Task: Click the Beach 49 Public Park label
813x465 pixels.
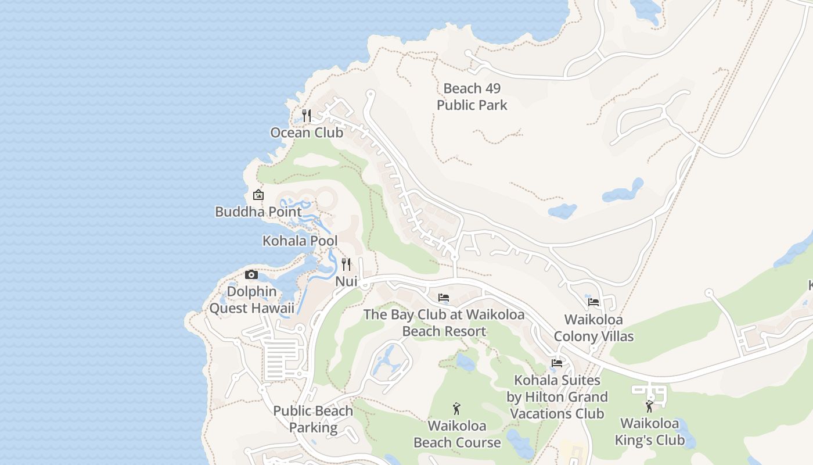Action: pos(472,96)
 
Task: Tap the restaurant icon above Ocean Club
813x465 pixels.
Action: pos(307,116)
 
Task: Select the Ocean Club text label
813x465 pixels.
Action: pos(307,133)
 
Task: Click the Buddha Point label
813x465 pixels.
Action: pos(258,212)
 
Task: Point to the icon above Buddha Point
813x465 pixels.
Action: pos(258,195)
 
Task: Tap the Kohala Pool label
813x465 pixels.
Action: pos(300,241)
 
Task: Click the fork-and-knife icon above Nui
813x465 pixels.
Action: pos(346,264)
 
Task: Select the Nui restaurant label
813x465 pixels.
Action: pos(346,281)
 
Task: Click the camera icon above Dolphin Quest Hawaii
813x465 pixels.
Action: pos(251,274)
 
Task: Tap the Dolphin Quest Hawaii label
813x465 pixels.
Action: pos(251,299)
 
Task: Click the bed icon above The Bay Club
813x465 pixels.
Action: pos(444,298)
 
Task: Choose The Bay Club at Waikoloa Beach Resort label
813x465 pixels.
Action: pos(444,323)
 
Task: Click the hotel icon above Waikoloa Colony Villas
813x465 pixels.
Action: pos(593,302)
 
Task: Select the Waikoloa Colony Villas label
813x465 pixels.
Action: pos(593,328)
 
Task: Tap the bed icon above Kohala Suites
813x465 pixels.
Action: pos(557,363)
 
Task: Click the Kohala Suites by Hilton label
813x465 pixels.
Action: pos(557,397)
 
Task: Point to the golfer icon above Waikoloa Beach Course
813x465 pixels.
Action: pos(456,409)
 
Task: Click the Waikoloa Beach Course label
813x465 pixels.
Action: pos(456,434)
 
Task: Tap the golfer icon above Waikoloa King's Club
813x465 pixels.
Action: pos(649,406)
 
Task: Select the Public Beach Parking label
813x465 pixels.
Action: pos(313,419)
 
